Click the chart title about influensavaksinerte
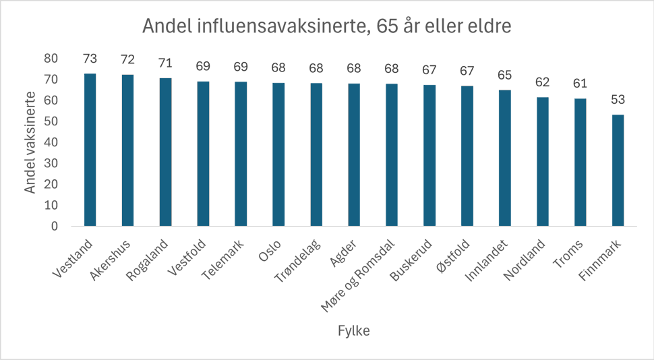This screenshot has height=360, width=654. [x=327, y=26]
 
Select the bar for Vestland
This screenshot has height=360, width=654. [x=90, y=150]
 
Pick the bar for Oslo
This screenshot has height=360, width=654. [x=278, y=155]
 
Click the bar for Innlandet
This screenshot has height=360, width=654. [x=504, y=158]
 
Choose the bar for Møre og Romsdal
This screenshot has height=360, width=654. [x=392, y=155]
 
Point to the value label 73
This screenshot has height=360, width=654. [x=90, y=59]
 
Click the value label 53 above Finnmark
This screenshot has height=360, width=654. [x=618, y=100]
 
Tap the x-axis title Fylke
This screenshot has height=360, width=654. [x=353, y=331]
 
